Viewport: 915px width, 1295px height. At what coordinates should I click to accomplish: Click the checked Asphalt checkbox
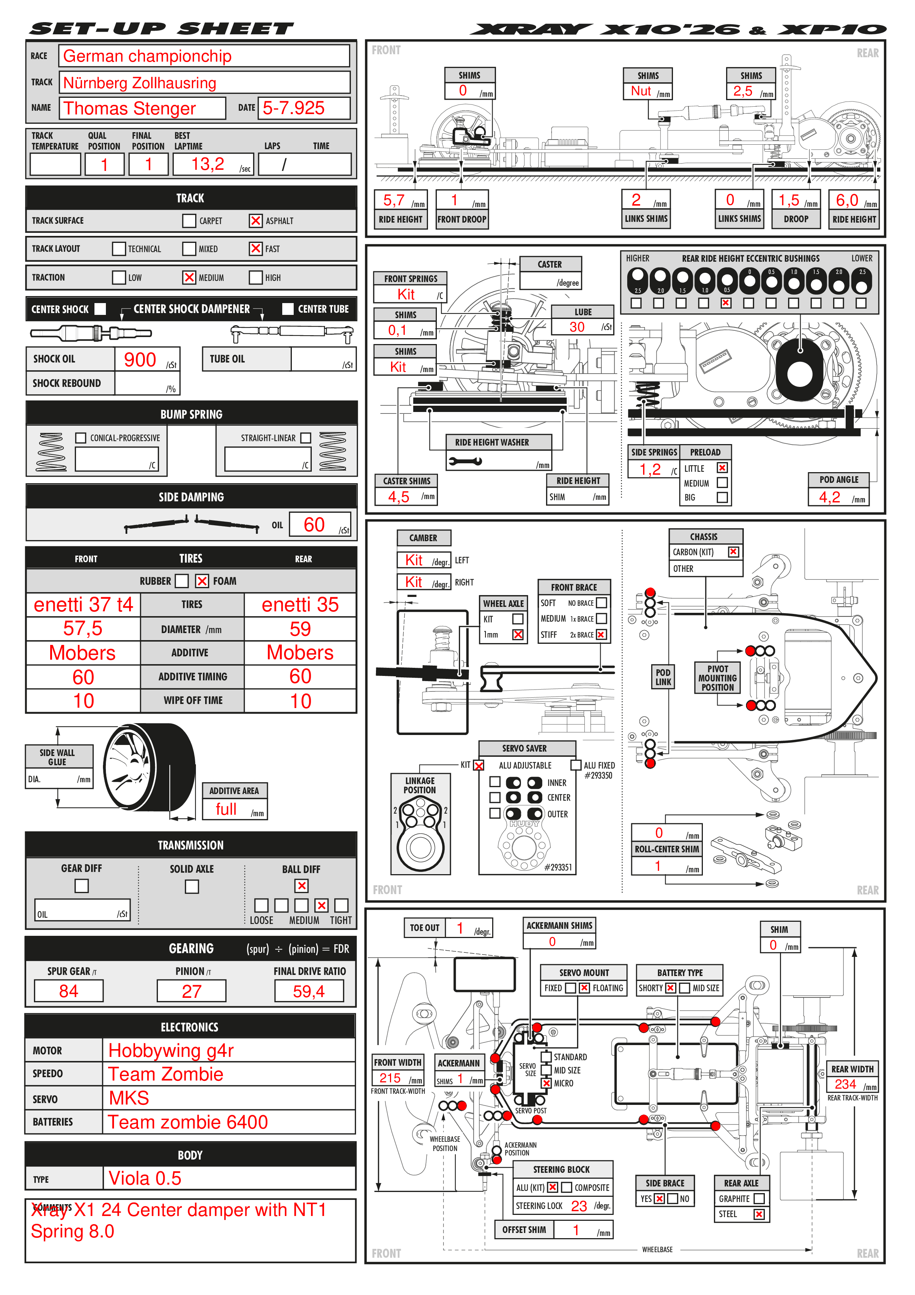point(255,220)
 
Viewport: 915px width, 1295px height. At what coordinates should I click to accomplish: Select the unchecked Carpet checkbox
point(189,220)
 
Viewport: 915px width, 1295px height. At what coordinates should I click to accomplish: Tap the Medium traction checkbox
point(189,278)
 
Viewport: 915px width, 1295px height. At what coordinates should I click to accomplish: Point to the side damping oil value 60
point(314,525)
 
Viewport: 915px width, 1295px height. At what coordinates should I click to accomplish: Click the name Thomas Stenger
point(130,108)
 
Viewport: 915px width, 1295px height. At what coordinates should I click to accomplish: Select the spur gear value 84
point(68,991)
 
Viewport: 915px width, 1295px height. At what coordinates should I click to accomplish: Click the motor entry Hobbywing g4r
point(171,1050)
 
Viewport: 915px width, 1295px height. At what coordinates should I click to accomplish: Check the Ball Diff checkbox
point(301,886)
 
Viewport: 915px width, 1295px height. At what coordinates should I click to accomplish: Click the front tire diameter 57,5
point(83,628)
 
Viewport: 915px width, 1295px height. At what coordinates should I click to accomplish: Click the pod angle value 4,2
point(829,497)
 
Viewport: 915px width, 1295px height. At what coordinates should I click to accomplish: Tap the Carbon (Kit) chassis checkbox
point(733,552)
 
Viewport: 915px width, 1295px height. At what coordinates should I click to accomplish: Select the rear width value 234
point(845,1084)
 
